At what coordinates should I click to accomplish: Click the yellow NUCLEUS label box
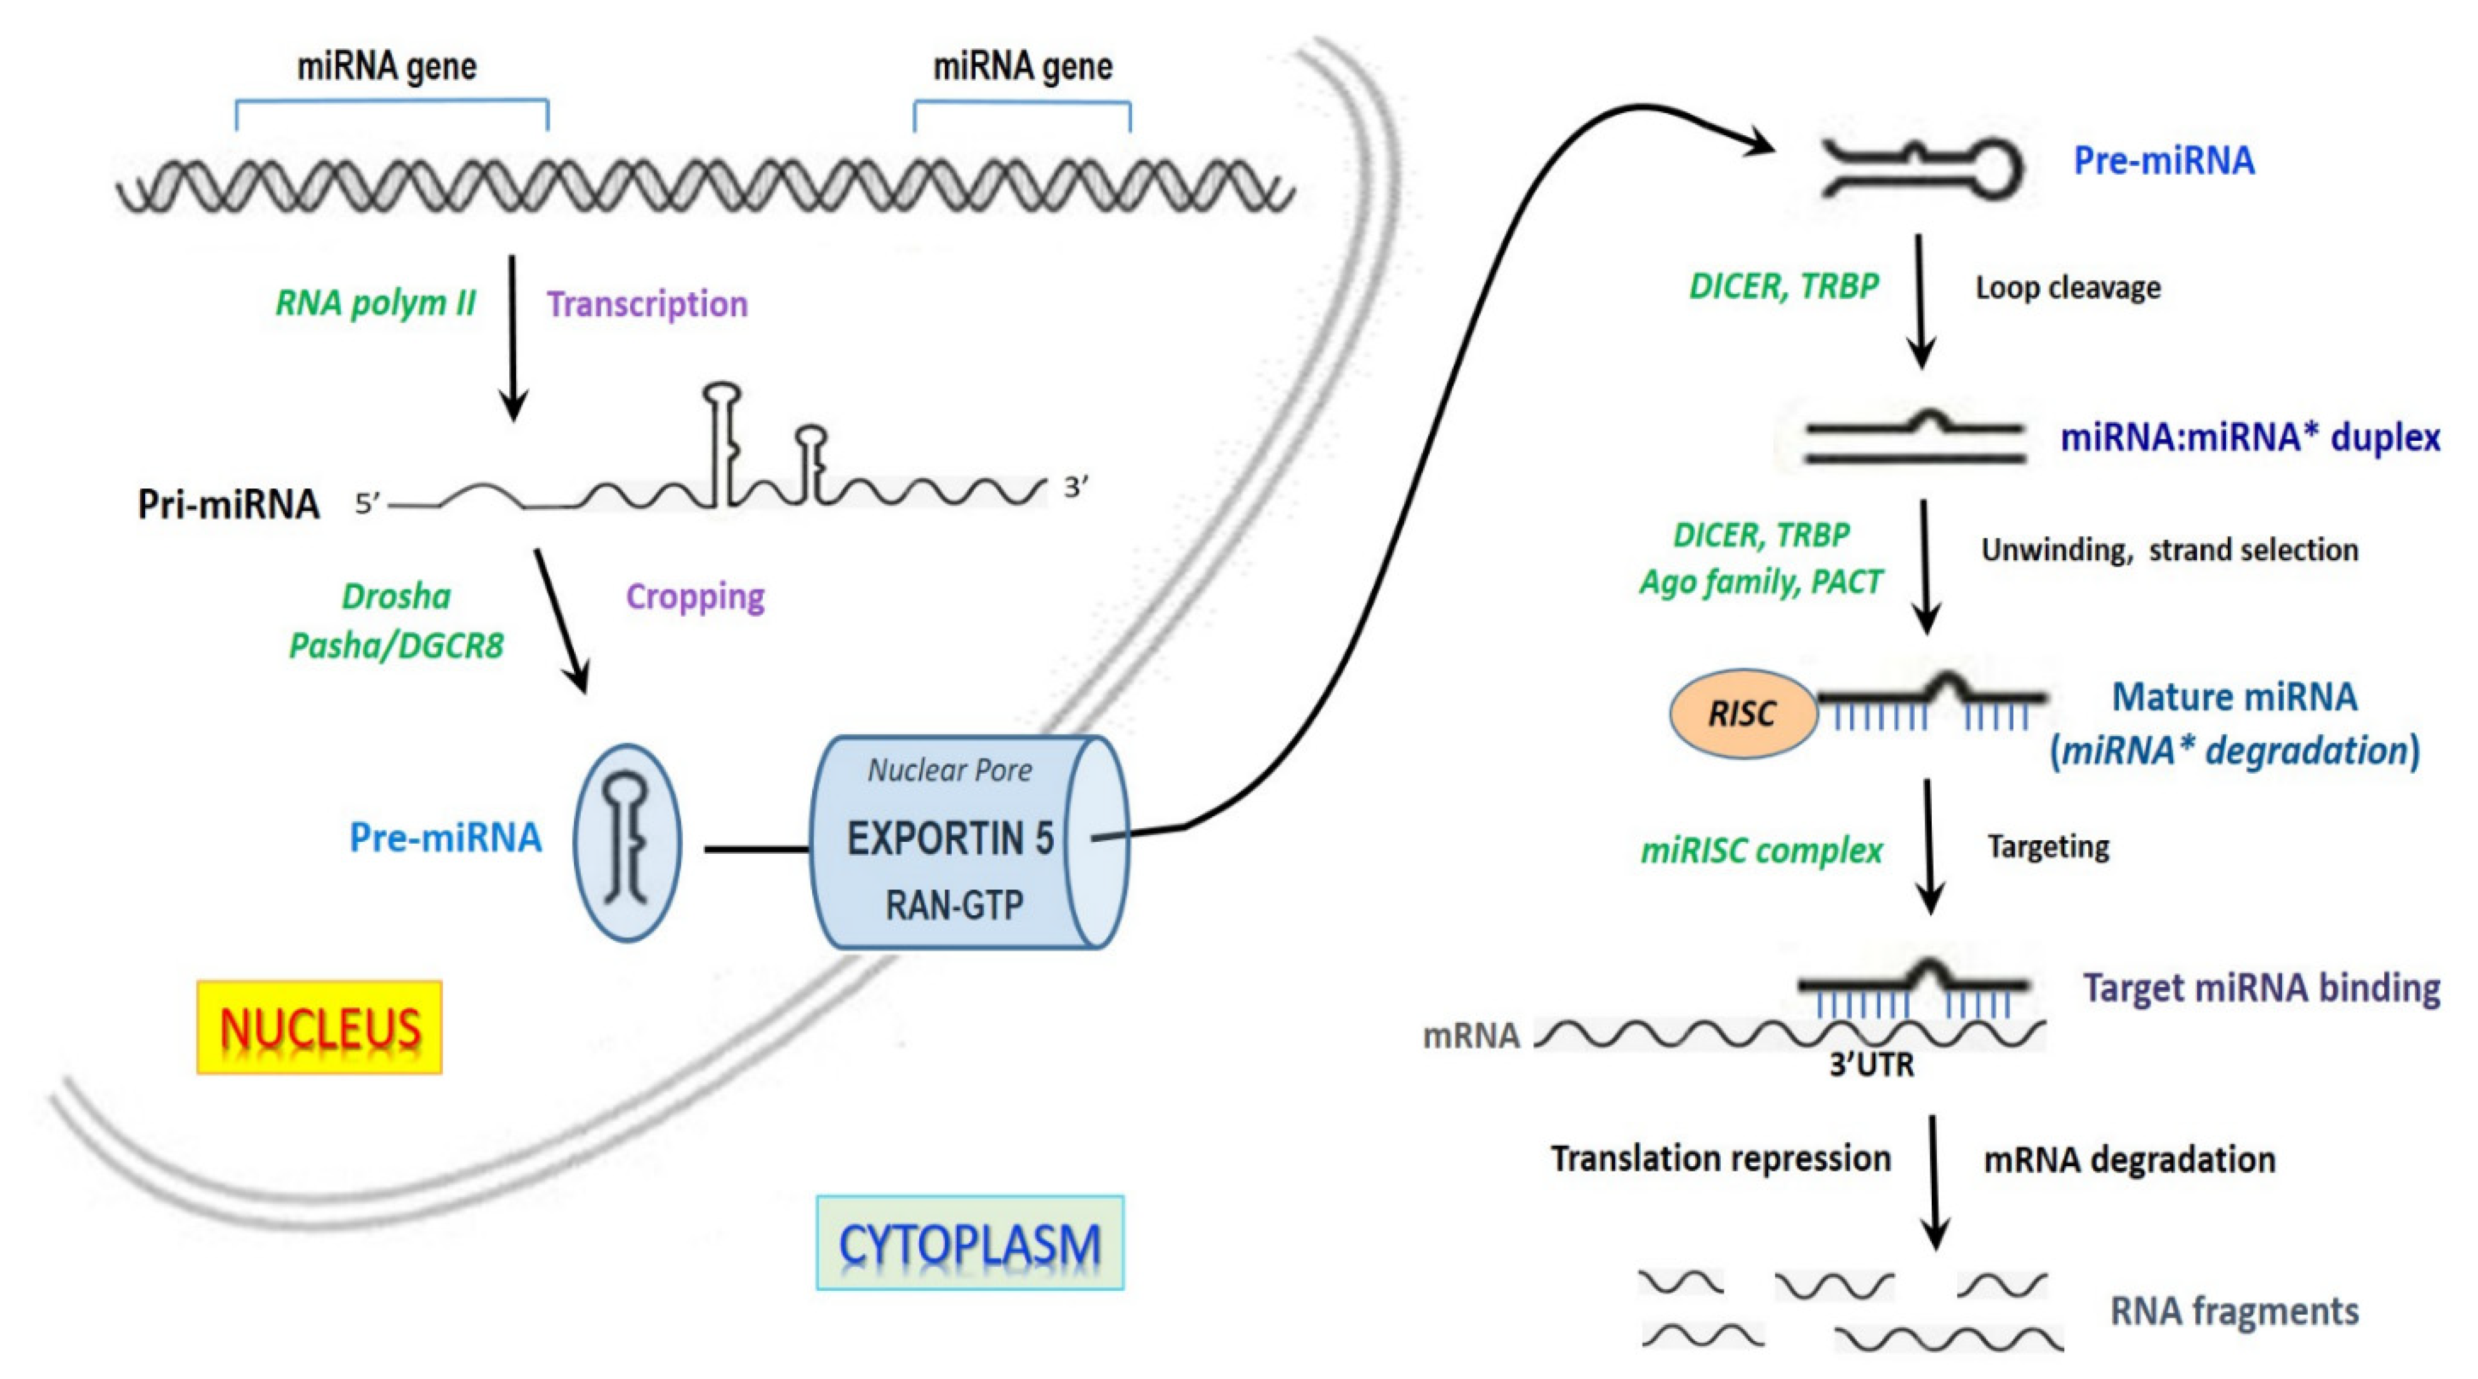tap(319, 1027)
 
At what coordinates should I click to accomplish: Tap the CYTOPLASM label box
tap(970, 1243)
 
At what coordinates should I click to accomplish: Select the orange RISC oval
tap(1743, 713)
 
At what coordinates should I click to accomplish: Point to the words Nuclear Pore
tap(949, 770)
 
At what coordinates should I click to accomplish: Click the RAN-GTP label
tap(954, 905)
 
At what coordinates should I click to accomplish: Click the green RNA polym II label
tap(375, 303)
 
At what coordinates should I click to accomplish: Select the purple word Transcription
tap(648, 304)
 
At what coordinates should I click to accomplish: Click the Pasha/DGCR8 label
tap(396, 645)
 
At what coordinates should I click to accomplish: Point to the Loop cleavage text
tap(2068, 288)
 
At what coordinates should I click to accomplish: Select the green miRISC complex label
tap(1762, 851)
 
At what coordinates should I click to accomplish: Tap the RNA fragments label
tap(2234, 1311)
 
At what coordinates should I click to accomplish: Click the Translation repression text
tap(1721, 1159)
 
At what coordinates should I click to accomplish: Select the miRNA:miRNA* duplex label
tap(2250, 438)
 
